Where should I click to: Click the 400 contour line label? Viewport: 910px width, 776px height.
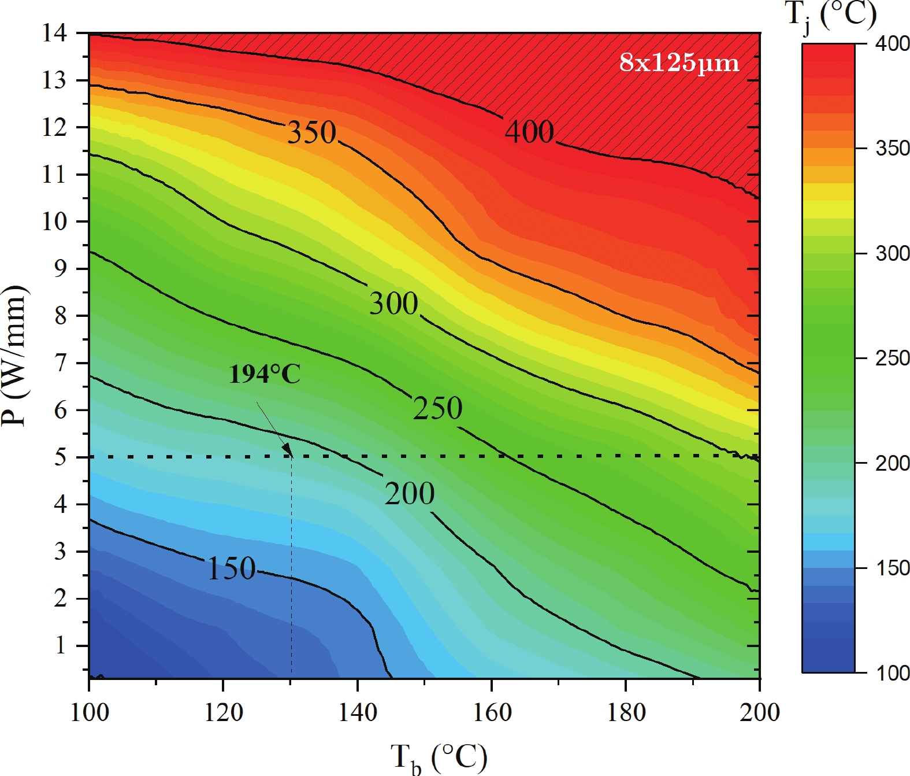coord(529,132)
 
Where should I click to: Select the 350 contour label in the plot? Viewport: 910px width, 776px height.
coord(312,132)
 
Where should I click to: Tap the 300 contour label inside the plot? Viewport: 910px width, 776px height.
coord(393,303)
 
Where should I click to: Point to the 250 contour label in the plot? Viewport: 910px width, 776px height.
coord(437,408)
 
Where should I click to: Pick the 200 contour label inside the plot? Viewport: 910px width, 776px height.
coord(410,493)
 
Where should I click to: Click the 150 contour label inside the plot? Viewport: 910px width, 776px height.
coord(231,568)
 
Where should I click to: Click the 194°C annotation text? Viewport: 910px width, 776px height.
coord(265,374)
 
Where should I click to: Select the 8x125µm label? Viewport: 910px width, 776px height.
coord(679,62)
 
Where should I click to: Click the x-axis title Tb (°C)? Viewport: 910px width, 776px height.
coord(439,757)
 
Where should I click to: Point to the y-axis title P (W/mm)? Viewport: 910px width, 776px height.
coord(14,356)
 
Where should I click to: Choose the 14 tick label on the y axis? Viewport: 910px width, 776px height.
coord(54,33)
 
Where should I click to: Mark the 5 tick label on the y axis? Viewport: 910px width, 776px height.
coord(60,457)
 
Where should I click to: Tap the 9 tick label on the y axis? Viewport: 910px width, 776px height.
coord(60,269)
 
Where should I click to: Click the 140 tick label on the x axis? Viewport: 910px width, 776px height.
coord(358,712)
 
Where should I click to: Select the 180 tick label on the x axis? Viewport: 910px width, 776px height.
coord(626,712)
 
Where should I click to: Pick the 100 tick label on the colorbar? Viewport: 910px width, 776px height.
coord(893,673)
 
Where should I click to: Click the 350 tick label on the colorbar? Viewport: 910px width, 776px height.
coord(893,149)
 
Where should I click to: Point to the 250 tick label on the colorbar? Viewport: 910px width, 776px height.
coord(893,359)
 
